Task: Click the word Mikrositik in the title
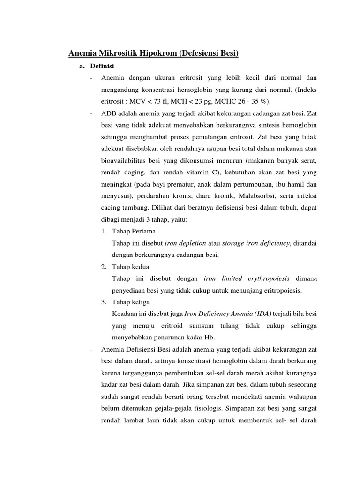point(116,53)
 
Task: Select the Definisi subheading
point(102,66)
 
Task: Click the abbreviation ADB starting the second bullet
point(109,114)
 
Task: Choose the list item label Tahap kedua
point(131,267)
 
